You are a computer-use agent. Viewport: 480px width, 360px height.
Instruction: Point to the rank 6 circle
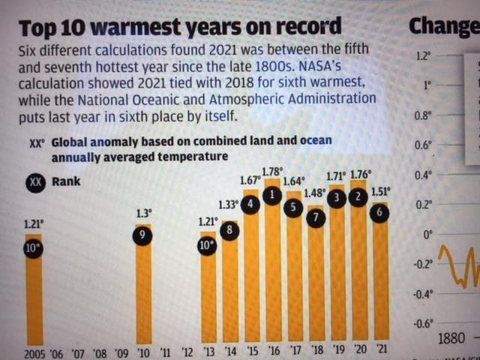click(x=382, y=213)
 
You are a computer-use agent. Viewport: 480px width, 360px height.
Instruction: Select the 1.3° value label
click(x=142, y=213)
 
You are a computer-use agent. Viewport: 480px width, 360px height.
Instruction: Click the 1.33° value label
click(x=228, y=205)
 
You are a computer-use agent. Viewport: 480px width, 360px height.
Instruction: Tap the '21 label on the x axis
click(x=382, y=349)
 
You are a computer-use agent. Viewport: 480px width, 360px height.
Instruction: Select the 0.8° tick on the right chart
click(x=424, y=116)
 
